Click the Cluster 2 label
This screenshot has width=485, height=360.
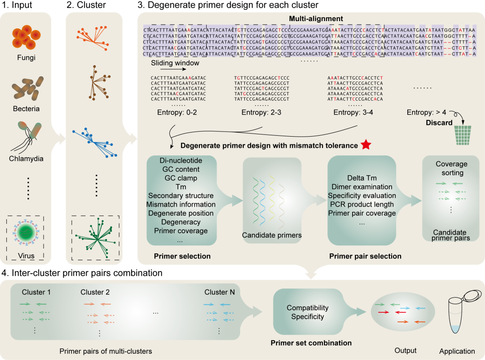(x=95, y=292)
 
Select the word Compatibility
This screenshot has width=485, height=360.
(x=308, y=308)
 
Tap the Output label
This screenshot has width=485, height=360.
(x=405, y=351)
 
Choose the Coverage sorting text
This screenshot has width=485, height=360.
(x=451, y=168)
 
